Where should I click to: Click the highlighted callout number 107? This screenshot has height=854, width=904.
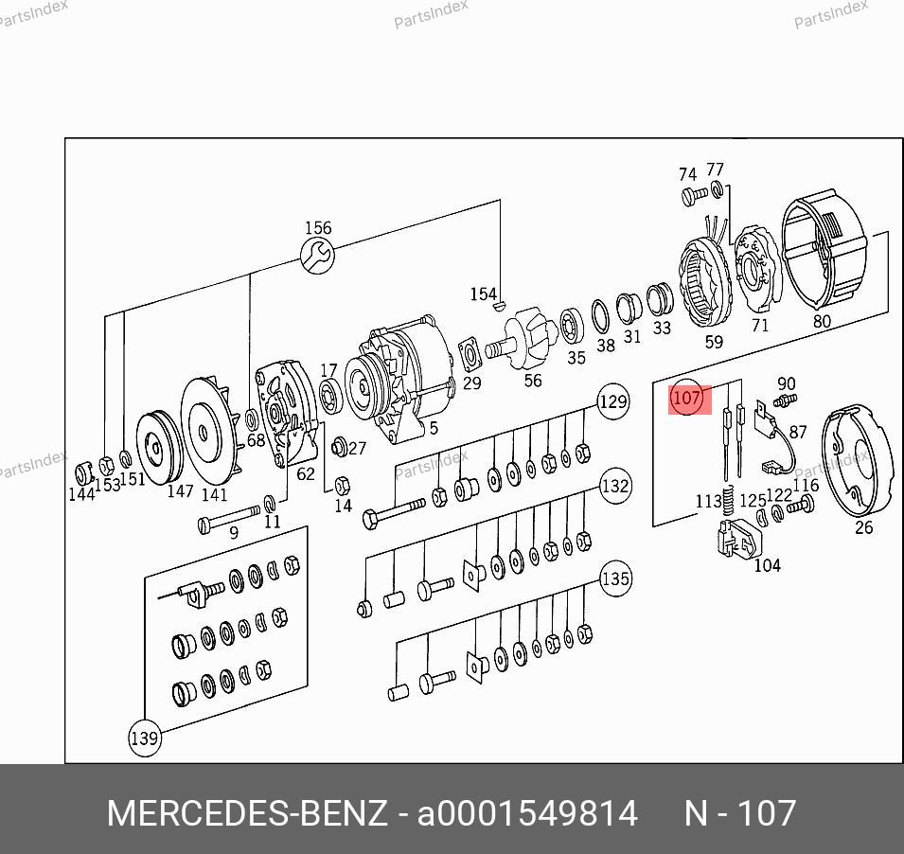pyautogui.click(x=687, y=398)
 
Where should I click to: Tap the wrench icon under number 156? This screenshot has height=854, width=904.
pyautogui.click(x=318, y=256)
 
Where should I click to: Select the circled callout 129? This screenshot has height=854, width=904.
pyautogui.click(x=612, y=401)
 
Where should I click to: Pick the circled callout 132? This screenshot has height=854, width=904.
pyautogui.click(x=615, y=486)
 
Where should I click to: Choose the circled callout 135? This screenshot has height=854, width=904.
pyautogui.click(x=615, y=578)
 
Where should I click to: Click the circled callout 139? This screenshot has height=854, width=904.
pyautogui.click(x=144, y=738)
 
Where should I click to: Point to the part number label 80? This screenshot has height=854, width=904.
pyautogui.click(x=822, y=321)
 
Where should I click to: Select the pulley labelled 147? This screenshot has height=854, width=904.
pyautogui.click(x=158, y=448)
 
